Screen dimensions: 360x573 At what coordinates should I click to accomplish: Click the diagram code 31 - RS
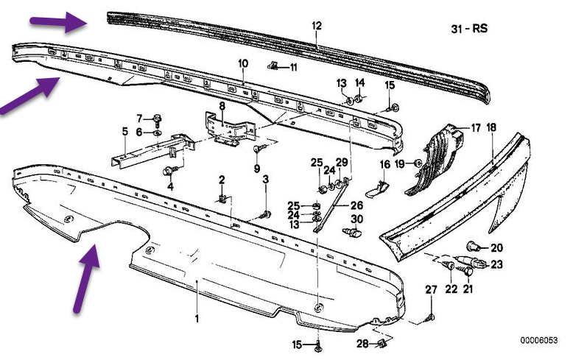pos(469,29)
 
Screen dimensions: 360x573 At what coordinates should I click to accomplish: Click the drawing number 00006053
pos(539,341)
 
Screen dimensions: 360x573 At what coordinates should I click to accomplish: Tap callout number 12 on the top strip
pos(317,26)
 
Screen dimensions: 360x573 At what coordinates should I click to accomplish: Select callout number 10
pos(243,63)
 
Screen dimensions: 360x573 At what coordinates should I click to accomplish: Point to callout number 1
pos(197,319)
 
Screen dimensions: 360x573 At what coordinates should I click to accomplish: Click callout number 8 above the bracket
pos(222,106)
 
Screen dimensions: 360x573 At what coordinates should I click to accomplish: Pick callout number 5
pos(125,132)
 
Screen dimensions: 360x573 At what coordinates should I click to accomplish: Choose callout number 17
pos(476,128)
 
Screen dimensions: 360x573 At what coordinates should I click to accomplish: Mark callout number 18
pos(491,127)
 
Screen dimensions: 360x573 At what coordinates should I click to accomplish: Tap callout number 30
pos(356,219)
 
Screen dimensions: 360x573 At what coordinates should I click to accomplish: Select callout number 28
pos(362,344)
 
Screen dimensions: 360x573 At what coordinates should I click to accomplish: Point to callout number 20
pos(496,247)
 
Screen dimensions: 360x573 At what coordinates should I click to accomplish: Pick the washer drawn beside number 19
pos(418,162)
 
